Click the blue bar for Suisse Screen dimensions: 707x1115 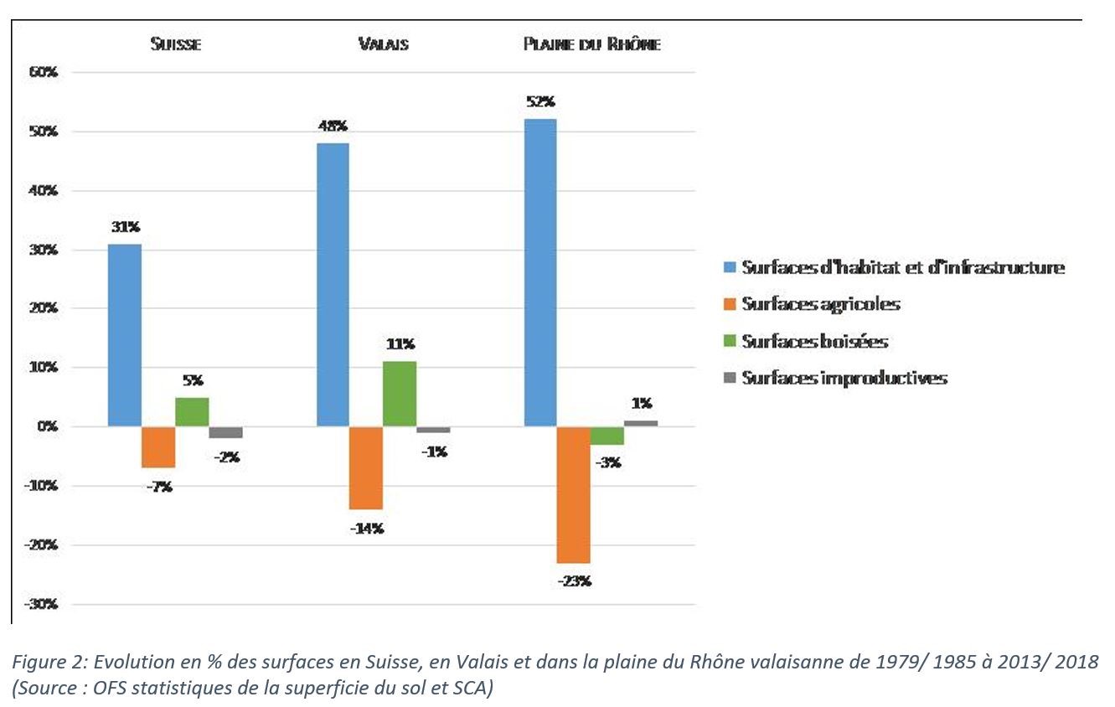pyautogui.click(x=125, y=335)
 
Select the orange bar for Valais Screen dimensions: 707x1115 pyautogui.click(x=366, y=467)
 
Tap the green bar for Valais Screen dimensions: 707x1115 pyautogui.click(x=400, y=394)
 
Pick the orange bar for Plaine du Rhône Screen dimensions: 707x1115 pyautogui.click(x=574, y=494)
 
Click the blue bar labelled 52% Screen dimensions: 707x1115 pyautogui.click(x=540, y=272)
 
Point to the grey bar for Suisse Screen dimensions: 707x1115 pyautogui.click(x=225, y=432)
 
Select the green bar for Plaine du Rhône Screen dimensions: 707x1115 pyautogui.click(x=607, y=436)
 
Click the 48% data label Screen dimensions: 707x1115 pyautogui.click(x=332, y=126)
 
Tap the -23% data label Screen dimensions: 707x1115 pyautogui.click(x=574, y=580)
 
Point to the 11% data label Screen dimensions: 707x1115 pyautogui.click(x=400, y=344)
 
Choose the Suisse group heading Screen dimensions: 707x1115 pyautogui.click(x=175, y=44)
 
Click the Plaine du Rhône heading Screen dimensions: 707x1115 pyautogui.click(x=591, y=44)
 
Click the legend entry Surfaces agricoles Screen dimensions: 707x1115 pyautogui.click(x=820, y=304)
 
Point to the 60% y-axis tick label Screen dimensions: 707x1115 pyautogui.click(x=42, y=73)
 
